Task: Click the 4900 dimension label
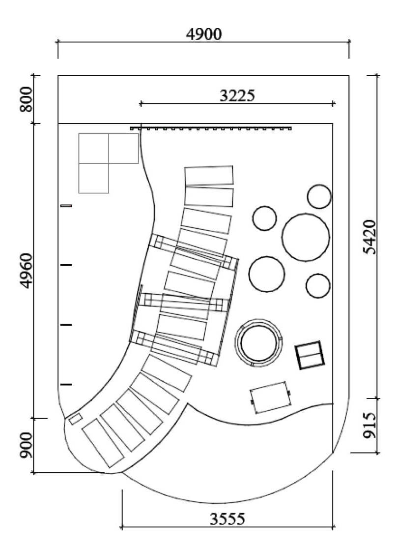pos(203,34)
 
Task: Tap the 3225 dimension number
pos(237,95)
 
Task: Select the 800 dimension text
pos(26,99)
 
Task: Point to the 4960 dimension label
pos(26,271)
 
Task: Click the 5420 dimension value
pos(369,237)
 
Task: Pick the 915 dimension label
pos(369,425)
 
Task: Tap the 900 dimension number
pos(26,446)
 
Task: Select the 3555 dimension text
pos(227,519)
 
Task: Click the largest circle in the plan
pos(306,237)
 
